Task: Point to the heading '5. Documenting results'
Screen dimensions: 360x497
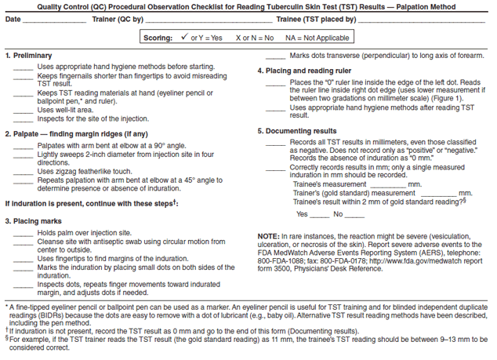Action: click(x=298, y=130)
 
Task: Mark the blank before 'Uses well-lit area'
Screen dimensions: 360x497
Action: click(x=23, y=111)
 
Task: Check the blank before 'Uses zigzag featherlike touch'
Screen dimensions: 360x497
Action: click(x=23, y=171)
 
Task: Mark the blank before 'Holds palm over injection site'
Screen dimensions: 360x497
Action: click(x=23, y=234)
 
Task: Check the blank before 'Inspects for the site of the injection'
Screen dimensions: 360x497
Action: click(x=23, y=119)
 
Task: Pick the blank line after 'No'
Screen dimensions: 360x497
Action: click(x=354, y=215)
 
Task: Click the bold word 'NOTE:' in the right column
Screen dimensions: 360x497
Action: click(x=269, y=236)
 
